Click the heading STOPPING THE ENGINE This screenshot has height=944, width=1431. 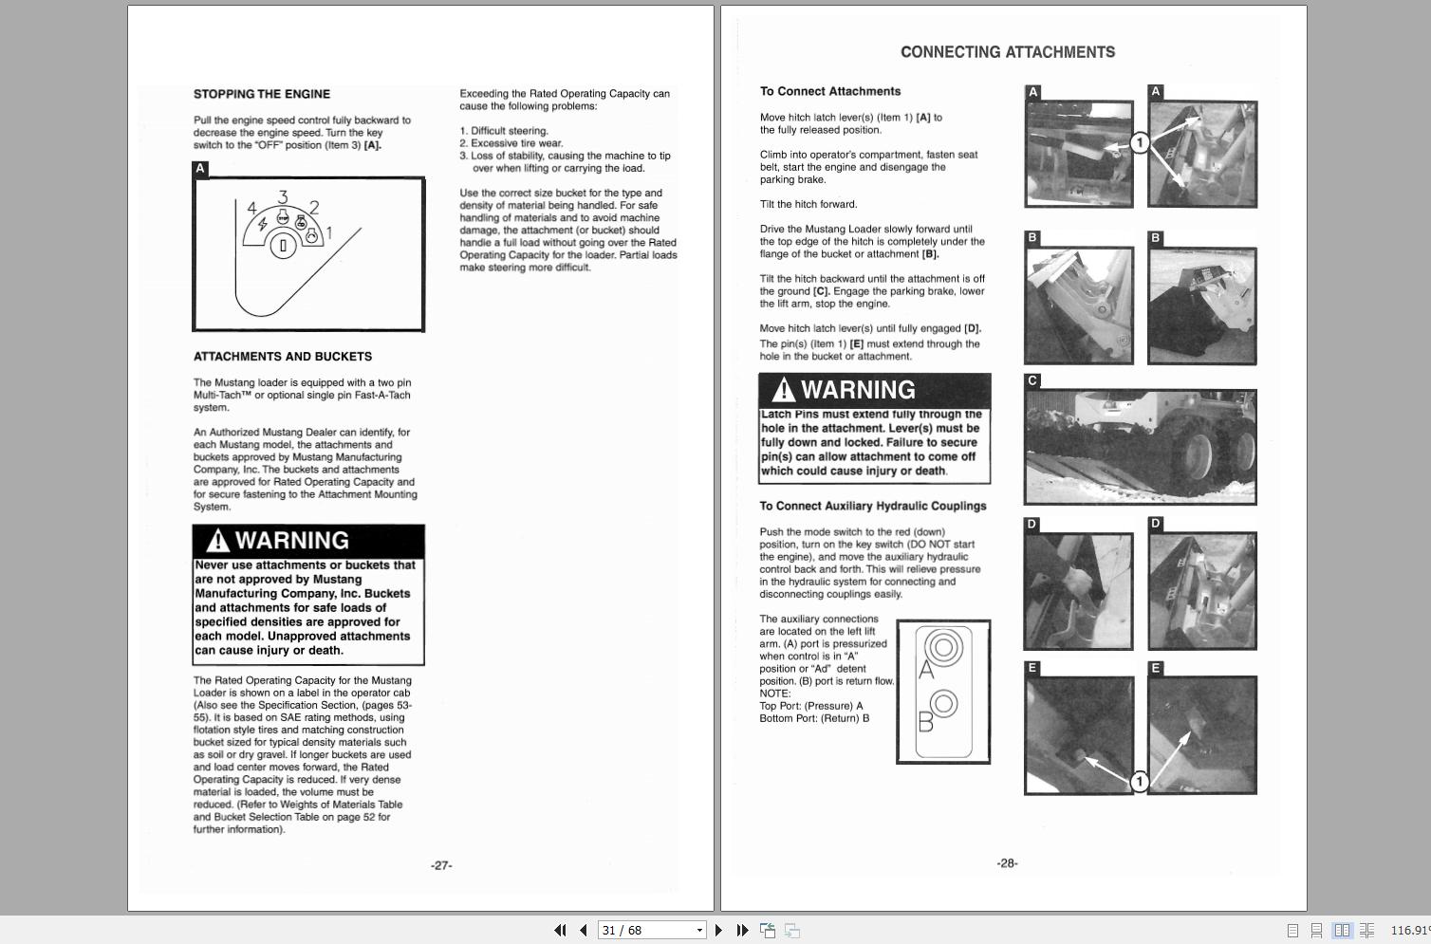[x=262, y=94]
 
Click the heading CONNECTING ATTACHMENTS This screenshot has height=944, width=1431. [x=1007, y=52]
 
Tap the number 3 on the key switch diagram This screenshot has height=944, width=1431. [x=283, y=197]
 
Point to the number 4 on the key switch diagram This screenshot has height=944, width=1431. [x=251, y=208]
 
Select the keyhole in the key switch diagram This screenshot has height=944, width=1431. [x=283, y=247]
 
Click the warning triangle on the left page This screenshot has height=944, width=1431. [x=218, y=541]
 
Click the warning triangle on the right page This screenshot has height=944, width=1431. [x=784, y=390]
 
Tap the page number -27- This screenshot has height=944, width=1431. [x=441, y=865]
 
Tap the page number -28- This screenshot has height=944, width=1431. [x=1007, y=863]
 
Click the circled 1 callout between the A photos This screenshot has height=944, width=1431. [x=1140, y=142]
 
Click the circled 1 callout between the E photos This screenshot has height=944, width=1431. [x=1140, y=781]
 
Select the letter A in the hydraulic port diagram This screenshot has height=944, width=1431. [x=927, y=670]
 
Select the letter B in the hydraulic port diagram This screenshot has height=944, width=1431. [x=926, y=724]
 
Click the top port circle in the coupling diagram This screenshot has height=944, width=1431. [x=943, y=647]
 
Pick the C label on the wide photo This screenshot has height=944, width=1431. [x=1032, y=380]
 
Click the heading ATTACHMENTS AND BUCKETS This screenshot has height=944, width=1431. [x=283, y=357]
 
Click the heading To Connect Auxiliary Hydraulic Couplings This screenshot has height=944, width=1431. [x=872, y=506]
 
